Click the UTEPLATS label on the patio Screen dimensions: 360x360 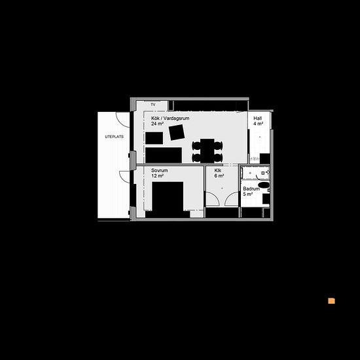114,137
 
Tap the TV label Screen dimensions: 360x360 153,105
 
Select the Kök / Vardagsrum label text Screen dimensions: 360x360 170,118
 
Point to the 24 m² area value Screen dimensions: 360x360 157,124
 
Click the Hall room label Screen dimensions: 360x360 258,118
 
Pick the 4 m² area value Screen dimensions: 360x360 259,124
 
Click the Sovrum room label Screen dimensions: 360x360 159,171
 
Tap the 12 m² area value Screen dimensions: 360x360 157,176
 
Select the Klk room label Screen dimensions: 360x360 218,171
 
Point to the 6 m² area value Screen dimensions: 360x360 219,176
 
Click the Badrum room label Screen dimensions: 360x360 251,189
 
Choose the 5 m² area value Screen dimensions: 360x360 248,194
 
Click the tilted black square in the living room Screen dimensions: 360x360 177,132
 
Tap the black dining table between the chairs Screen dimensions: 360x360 207,151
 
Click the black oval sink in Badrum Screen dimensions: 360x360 264,185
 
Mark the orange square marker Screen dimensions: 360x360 331,301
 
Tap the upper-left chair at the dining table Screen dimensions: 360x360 196,145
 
